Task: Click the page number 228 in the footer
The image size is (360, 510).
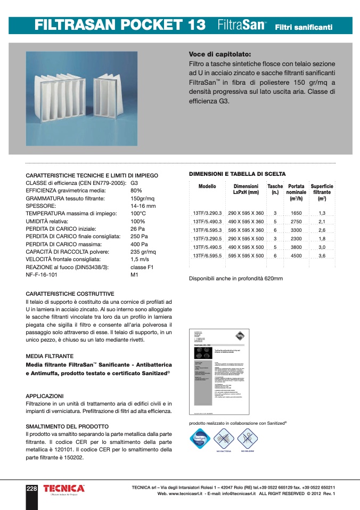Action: (x=32, y=489)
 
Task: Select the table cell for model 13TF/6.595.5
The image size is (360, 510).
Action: (x=207, y=256)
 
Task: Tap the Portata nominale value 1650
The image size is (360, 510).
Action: (x=296, y=213)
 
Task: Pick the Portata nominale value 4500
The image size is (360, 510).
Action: (x=296, y=256)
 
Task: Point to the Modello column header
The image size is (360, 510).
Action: (x=207, y=187)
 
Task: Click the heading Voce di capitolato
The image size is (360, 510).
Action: (x=220, y=54)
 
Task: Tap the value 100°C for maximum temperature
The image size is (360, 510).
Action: (x=138, y=213)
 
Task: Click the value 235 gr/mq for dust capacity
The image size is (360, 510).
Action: (x=143, y=252)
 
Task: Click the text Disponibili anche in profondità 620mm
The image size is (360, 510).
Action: (x=236, y=279)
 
